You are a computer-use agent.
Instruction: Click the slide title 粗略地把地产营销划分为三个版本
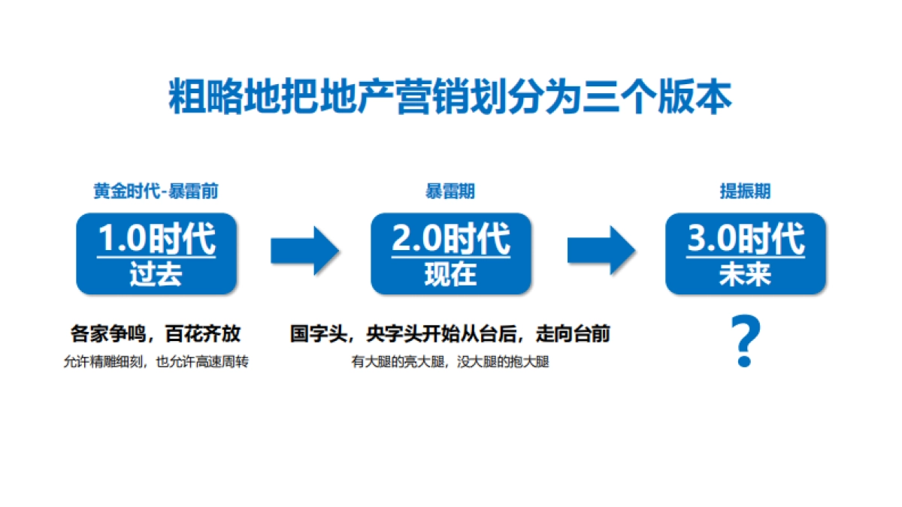pyautogui.click(x=450, y=95)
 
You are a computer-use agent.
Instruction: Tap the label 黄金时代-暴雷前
pyautogui.click(x=156, y=192)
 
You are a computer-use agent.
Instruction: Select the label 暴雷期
pyautogui.click(x=450, y=192)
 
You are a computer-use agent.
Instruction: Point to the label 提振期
pyautogui.click(x=745, y=192)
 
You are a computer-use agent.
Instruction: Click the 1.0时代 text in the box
pyautogui.click(x=157, y=239)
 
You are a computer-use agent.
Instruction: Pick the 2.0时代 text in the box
pyautogui.click(x=451, y=239)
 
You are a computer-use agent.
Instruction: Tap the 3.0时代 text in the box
pyautogui.click(x=746, y=239)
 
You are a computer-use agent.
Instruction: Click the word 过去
pyautogui.click(x=156, y=274)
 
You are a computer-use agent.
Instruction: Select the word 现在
pyautogui.click(x=450, y=274)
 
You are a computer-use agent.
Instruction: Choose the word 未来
pyautogui.click(x=745, y=274)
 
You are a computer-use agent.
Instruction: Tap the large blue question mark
pyautogui.click(x=745, y=343)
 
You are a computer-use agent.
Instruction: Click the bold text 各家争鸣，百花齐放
pyautogui.click(x=156, y=334)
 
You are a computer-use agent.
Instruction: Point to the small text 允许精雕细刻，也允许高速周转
pyautogui.click(x=156, y=362)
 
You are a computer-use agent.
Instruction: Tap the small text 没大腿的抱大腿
pyautogui.click(x=503, y=362)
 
